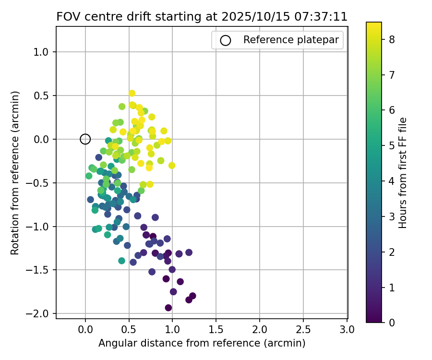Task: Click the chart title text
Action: pyautogui.click(x=202, y=17)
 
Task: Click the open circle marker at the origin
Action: pyautogui.click(x=85, y=139)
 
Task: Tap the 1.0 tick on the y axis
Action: pyautogui.click(x=45, y=52)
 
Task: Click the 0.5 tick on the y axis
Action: pyautogui.click(x=45, y=96)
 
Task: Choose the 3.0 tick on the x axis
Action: pyautogui.click(x=347, y=329)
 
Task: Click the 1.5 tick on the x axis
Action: pyautogui.click(x=216, y=329)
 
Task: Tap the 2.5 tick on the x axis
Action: pyautogui.click(x=303, y=329)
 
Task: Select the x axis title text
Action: pyautogui.click(x=202, y=343)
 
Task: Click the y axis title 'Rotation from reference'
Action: pyautogui.click(x=15, y=173)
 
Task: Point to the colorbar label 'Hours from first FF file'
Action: pyautogui.click(x=403, y=173)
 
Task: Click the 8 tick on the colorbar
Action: pyautogui.click(x=392, y=40)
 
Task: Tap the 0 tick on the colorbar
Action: pyautogui.click(x=392, y=323)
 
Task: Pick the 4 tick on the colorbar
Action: pyautogui.click(x=392, y=181)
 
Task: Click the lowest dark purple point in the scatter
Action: pyautogui.click(x=168, y=308)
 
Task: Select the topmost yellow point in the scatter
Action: pyautogui.click(x=132, y=93)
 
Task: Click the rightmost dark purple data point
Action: pyautogui.click(x=192, y=296)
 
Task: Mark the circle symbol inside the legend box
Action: pyautogui.click(x=225, y=40)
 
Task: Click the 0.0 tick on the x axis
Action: pyautogui.click(x=85, y=329)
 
